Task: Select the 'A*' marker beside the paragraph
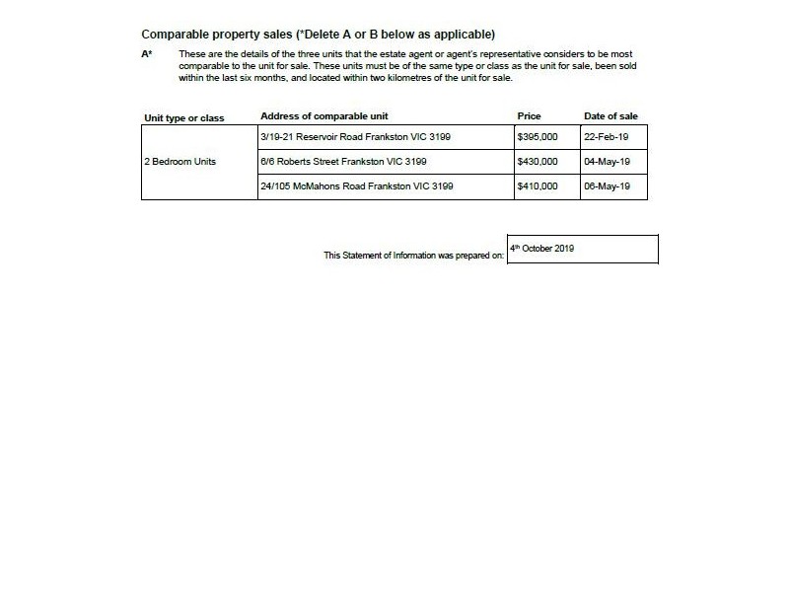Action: tap(147, 54)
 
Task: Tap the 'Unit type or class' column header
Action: tap(184, 118)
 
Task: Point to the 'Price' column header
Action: tap(529, 116)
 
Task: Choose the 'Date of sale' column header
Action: tap(610, 116)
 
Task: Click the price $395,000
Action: tap(538, 136)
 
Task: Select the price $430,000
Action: tap(538, 161)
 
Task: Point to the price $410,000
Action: tap(538, 185)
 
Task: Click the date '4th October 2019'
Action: tap(541, 248)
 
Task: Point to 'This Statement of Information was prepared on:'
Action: tap(414, 256)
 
